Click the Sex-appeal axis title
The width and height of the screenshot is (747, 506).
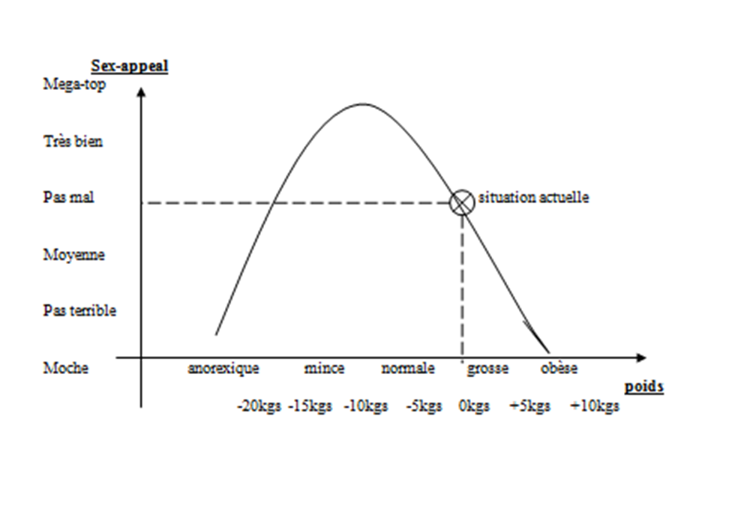(129, 65)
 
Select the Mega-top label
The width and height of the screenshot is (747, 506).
(75, 84)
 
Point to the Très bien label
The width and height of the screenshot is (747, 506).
(73, 142)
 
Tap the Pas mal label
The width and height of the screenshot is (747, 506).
(69, 199)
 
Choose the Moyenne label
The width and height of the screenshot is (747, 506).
(73, 255)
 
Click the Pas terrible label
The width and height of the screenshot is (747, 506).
(79, 310)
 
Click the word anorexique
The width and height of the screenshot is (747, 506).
(223, 368)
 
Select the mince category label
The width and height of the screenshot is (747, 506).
(324, 368)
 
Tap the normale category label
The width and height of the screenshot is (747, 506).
(408, 368)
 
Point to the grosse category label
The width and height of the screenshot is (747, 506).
(487, 368)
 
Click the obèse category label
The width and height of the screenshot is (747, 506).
(559, 368)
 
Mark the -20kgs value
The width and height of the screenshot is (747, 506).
(258, 406)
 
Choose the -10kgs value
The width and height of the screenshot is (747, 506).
(366, 406)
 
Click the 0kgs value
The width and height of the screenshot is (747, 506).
(474, 406)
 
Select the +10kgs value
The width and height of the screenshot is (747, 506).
(594, 406)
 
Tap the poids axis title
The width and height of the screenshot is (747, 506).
(643, 388)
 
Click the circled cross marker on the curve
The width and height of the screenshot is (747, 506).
(462, 202)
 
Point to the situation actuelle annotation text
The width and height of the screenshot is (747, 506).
(533, 198)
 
